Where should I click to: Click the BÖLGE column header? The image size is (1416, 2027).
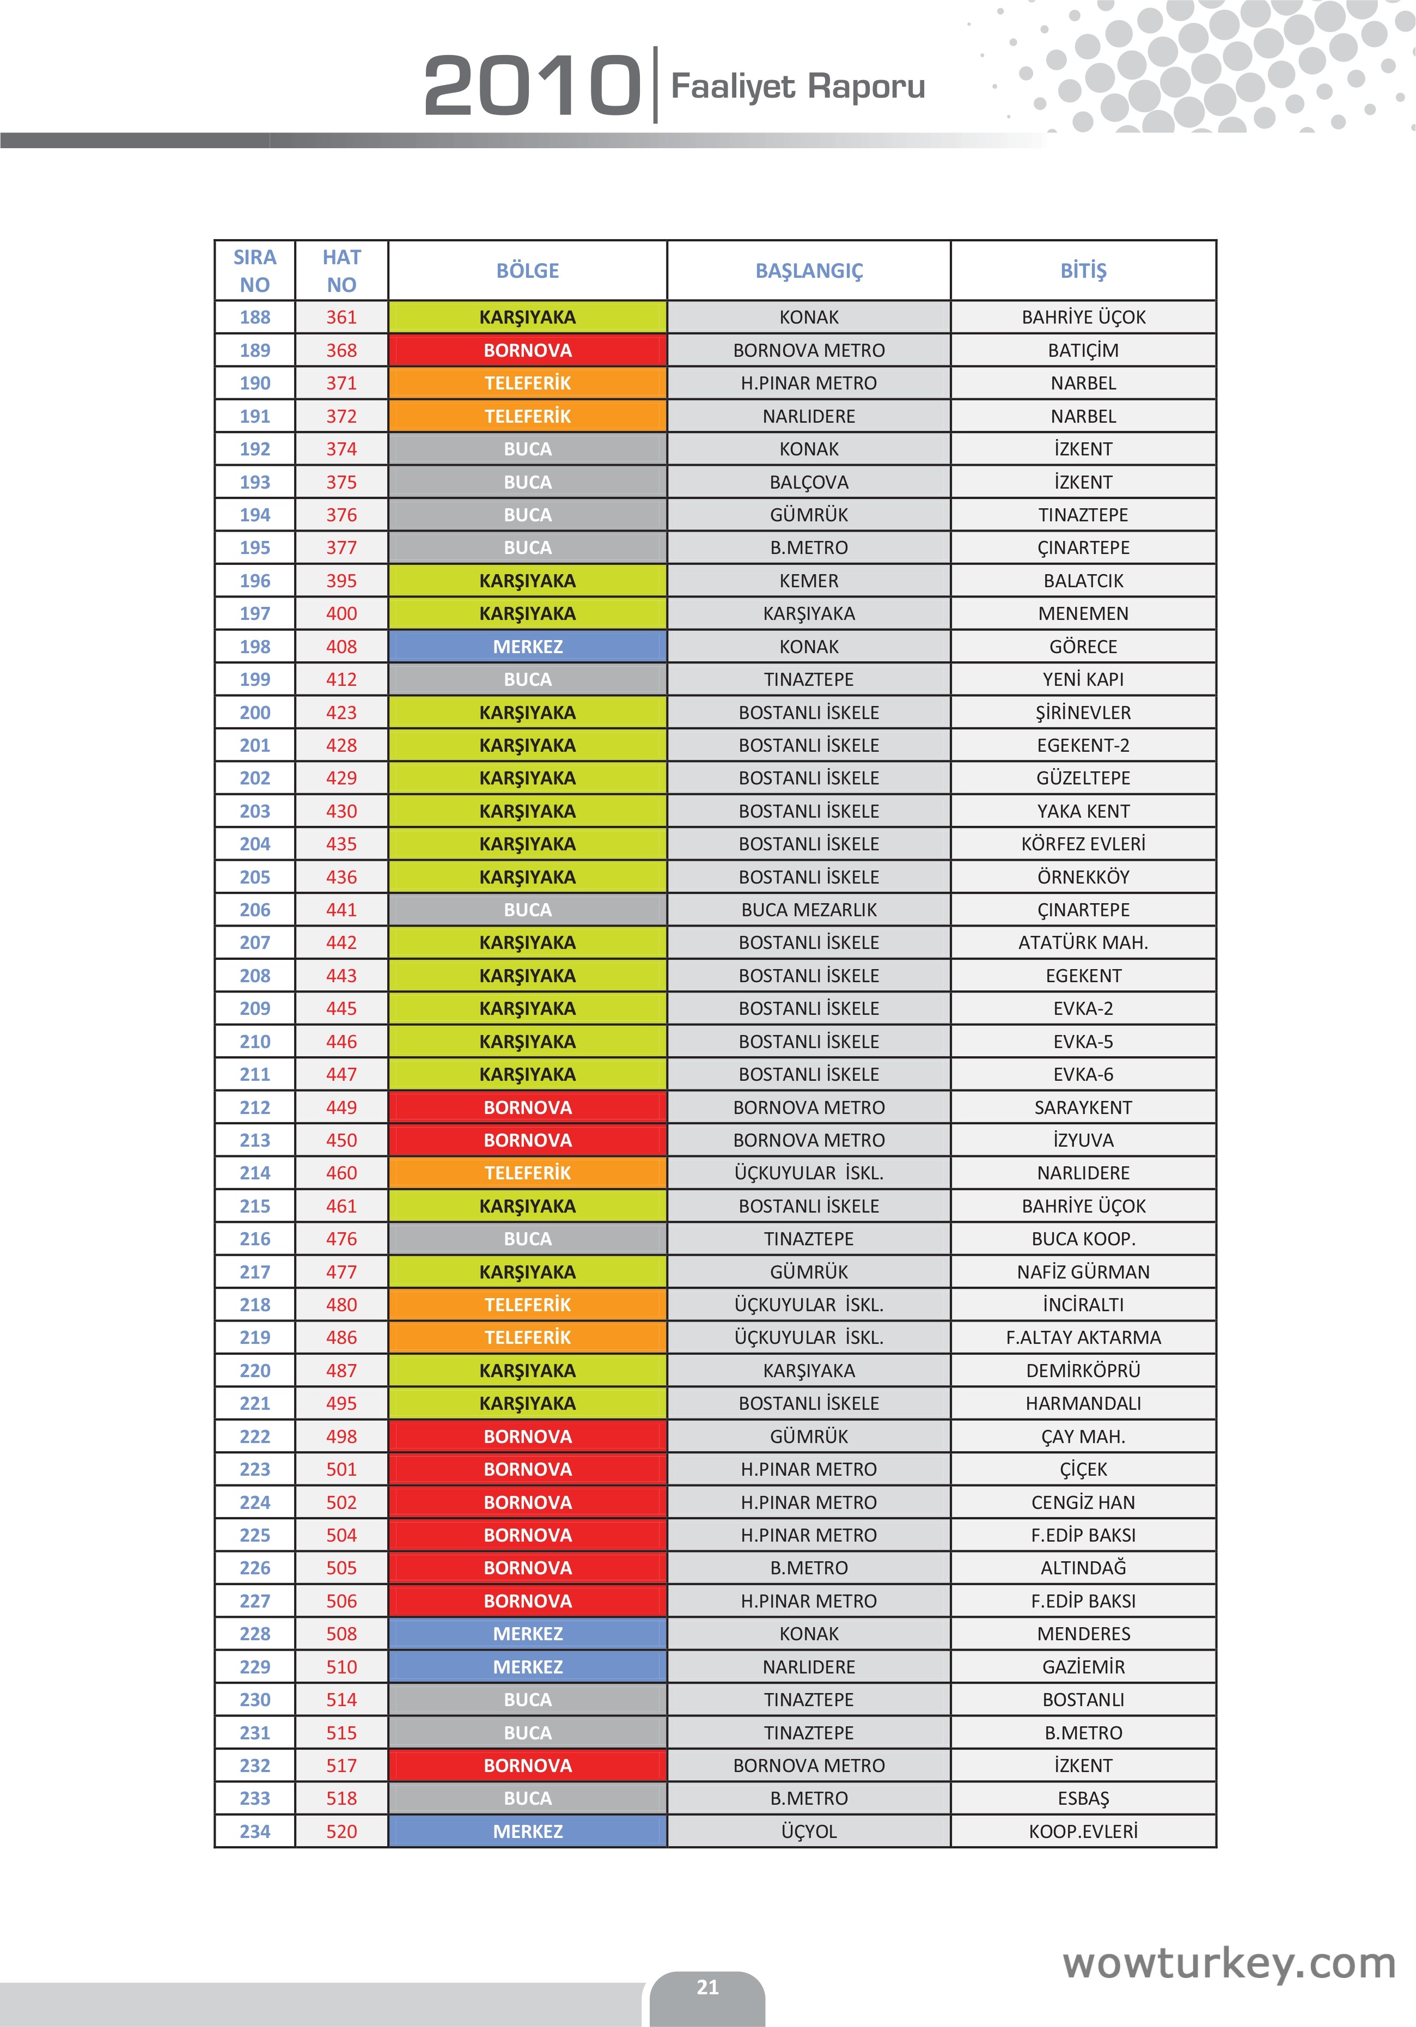(x=527, y=271)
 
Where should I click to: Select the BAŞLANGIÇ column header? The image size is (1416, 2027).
(x=809, y=271)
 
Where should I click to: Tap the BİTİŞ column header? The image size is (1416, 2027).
(x=1083, y=271)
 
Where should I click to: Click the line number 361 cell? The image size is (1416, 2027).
(x=341, y=317)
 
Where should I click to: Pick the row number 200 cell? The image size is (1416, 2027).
(x=255, y=713)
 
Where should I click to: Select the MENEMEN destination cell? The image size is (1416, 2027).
(x=1083, y=613)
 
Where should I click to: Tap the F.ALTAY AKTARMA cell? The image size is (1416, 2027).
(x=1083, y=1337)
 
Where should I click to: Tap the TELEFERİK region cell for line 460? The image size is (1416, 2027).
(x=527, y=1173)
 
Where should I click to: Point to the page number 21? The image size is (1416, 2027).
(x=707, y=1987)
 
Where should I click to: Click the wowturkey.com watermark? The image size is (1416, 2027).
(x=1229, y=1963)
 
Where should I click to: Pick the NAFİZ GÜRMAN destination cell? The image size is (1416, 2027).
(x=1083, y=1272)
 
